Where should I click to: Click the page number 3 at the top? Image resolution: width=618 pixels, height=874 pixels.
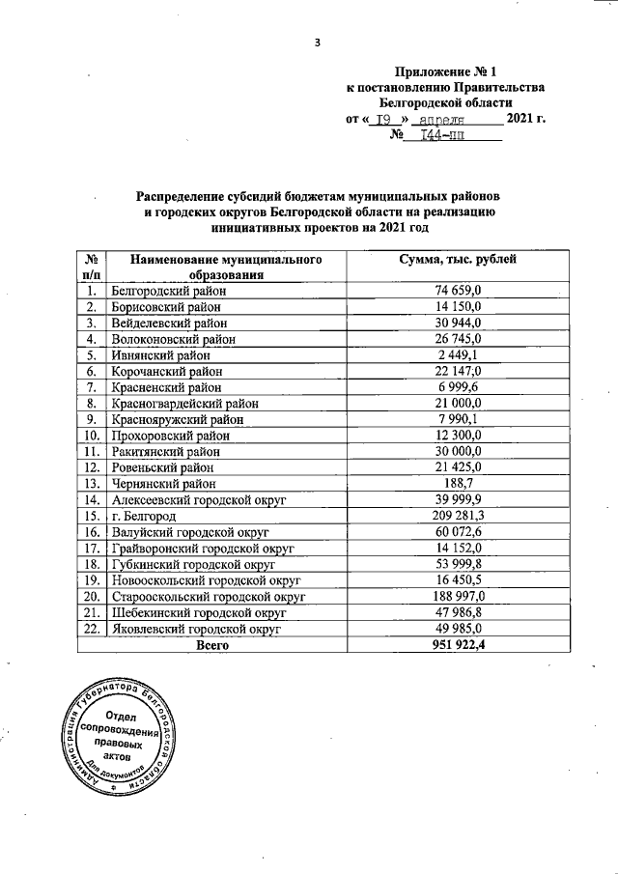click(x=315, y=41)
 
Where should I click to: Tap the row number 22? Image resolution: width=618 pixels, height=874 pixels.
click(x=92, y=629)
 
